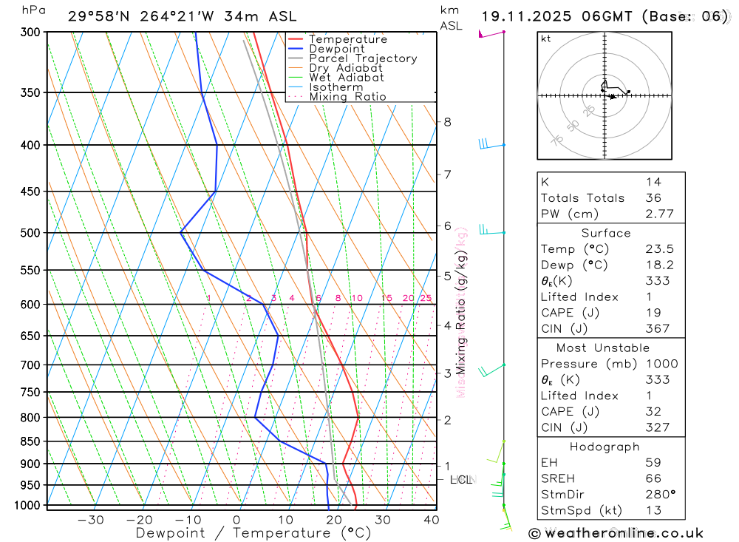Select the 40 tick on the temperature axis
[431, 520]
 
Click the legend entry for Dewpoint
[337, 49]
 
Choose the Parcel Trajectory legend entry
[363, 58]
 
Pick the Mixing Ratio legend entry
[347, 97]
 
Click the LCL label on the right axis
[460, 480]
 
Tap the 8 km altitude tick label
[447, 122]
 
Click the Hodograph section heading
[605, 447]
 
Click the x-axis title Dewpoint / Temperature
[253, 532]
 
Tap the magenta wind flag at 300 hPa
[487, 34]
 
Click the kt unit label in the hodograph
[545, 38]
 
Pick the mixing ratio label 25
[426, 298]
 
